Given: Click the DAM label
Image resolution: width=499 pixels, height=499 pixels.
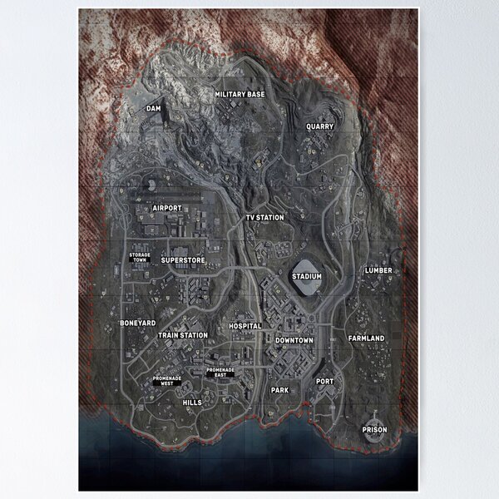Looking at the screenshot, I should tap(153, 108).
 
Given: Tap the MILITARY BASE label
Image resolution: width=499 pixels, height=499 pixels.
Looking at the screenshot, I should tap(240, 95).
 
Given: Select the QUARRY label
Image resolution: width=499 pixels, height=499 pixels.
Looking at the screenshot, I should tap(319, 126).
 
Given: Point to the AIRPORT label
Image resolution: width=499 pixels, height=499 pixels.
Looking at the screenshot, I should tap(167, 208).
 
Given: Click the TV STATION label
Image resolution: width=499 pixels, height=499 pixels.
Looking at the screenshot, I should tap(264, 218).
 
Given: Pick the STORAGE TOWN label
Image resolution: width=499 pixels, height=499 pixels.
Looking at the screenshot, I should tap(140, 257).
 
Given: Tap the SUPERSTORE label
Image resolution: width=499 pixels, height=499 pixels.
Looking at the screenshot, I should tap(183, 260).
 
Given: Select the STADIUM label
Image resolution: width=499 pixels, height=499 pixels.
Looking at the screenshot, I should tap(306, 276).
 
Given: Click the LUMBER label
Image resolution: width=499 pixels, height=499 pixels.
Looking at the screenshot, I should tap(378, 270).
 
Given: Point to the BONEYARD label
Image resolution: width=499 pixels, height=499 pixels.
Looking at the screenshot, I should tap(137, 323).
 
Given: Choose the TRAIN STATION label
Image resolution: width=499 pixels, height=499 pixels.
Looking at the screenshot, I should tap(183, 335).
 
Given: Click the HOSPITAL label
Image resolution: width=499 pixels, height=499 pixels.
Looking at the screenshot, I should tap(245, 326).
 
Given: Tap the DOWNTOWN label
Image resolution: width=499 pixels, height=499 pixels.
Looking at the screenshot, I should tap(294, 340).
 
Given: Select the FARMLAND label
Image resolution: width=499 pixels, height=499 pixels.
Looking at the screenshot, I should tap(366, 338).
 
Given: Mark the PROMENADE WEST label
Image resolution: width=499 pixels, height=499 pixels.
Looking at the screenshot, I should tap(166, 382).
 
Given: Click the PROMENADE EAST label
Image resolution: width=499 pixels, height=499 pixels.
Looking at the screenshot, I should tap(220, 373).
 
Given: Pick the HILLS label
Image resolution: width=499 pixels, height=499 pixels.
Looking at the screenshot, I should tap(191, 402).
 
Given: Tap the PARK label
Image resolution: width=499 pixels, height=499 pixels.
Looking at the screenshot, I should tap(279, 389).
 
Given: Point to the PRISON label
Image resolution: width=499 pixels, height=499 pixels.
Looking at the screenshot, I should tap(374, 430).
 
